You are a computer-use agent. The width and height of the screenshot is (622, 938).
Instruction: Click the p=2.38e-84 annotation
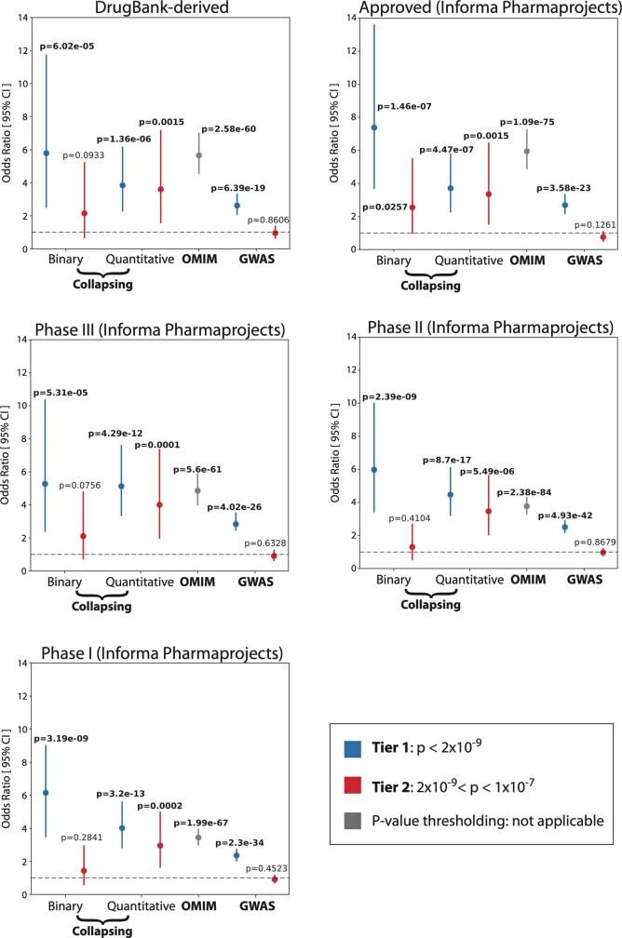(x=529, y=491)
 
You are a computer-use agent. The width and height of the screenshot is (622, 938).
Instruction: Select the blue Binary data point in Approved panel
(x=373, y=127)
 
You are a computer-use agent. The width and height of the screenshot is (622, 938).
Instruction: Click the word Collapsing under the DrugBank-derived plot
(x=104, y=285)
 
